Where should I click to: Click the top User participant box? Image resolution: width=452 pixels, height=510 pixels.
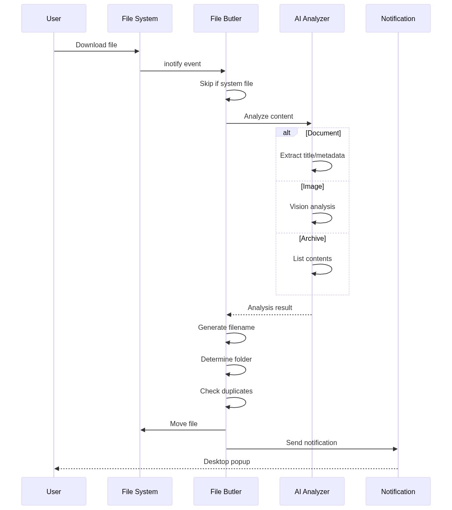coord(54,18)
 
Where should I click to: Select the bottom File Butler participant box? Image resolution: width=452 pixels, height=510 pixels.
coord(226,492)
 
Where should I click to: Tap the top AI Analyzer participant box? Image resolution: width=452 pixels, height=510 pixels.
coord(312,18)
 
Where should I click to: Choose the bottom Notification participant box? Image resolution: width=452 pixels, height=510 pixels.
coord(398,492)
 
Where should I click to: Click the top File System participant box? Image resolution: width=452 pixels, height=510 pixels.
coord(140,18)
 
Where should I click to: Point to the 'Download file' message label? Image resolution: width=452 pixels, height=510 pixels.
coord(96,45)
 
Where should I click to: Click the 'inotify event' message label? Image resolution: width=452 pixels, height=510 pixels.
coord(183,64)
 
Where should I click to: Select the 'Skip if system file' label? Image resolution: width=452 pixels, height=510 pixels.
coord(226,84)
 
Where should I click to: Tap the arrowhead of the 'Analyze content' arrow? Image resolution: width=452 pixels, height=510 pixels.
coord(309,123)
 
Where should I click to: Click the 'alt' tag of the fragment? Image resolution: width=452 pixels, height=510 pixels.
coord(287,133)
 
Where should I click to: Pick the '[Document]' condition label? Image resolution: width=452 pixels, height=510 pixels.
coord(323,133)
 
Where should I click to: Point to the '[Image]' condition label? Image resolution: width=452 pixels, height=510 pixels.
coord(313,187)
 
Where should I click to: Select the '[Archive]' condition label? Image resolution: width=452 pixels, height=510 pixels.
coord(313,239)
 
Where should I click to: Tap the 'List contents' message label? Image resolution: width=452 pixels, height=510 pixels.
coord(313,259)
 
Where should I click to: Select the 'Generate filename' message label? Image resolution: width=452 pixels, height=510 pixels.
coord(226,328)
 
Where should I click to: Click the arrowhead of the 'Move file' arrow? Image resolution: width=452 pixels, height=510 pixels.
coord(143,430)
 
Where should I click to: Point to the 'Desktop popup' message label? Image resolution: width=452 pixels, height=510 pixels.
coord(227,462)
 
